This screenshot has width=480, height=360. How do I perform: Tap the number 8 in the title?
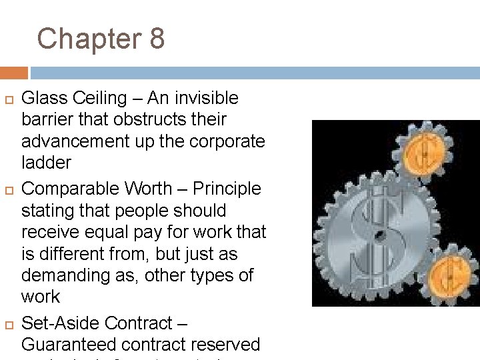[x=157, y=39]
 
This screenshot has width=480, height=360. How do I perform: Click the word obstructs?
[x=147, y=120]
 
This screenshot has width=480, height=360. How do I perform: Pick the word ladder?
[x=47, y=163]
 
